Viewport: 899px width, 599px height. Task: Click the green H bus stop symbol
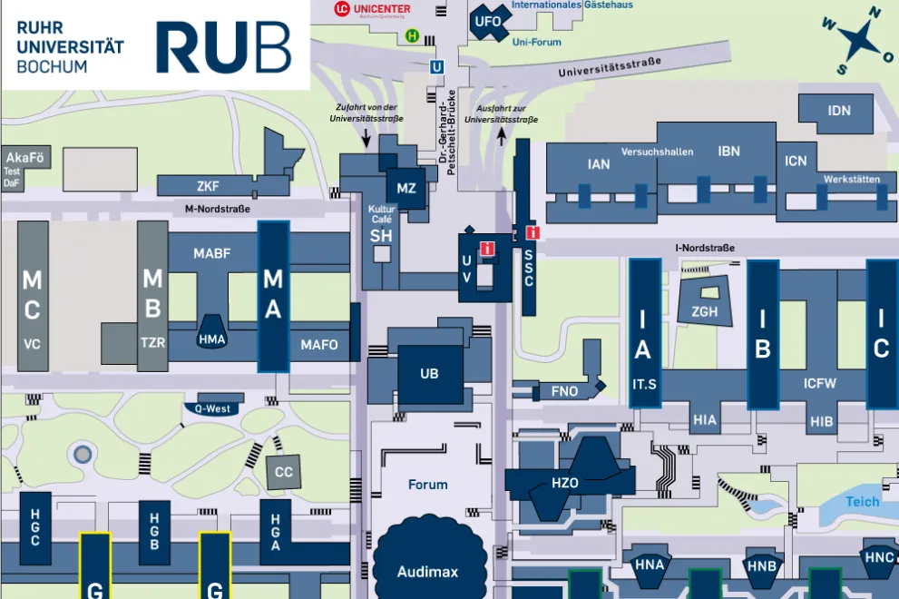413,36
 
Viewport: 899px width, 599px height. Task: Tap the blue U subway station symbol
437,66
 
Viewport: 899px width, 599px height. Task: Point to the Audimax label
427,572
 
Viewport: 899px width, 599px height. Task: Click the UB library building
429,374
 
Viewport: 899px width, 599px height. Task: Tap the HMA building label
211,340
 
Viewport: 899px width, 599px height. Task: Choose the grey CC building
284,472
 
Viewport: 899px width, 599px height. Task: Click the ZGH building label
704,312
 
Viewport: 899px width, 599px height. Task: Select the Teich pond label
862,501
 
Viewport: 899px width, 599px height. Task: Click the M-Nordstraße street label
217,209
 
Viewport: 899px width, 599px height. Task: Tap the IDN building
839,111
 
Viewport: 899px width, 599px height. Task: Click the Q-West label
212,408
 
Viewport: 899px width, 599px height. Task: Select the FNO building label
564,392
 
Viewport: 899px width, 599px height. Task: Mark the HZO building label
564,483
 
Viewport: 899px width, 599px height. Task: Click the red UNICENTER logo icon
341,9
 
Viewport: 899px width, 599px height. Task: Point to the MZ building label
406,189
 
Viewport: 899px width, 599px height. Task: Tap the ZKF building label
208,187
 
